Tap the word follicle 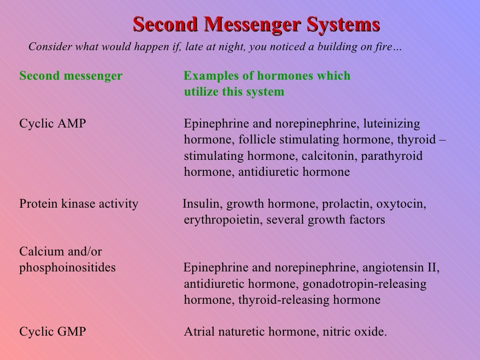click(x=258, y=140)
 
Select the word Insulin click(x=196, y=204)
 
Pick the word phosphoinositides click(x=67, y=268)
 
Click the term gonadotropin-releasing click(x=365, y=284)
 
